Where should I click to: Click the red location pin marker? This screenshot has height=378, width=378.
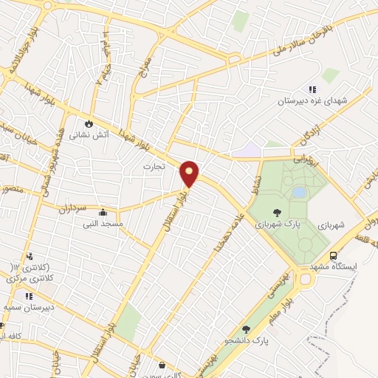pos(190,173)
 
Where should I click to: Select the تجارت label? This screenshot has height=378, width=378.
pos(157,168)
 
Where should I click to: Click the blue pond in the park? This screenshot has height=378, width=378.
pos(299,192)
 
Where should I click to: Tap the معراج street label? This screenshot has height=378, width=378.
pos(146,69)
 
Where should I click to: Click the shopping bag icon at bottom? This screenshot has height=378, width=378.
pos(162,363)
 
